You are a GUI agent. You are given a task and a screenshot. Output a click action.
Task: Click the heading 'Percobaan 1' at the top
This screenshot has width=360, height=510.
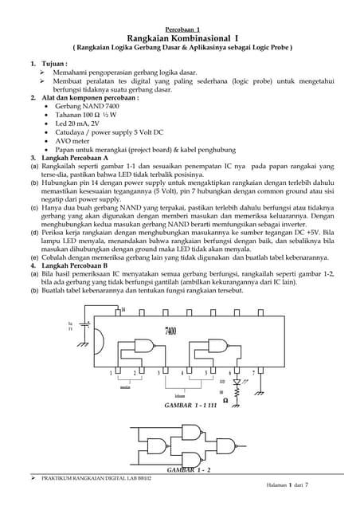[x=179, y=28]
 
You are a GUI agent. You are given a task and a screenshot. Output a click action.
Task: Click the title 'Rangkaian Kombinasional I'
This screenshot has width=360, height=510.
[x=179, y=37]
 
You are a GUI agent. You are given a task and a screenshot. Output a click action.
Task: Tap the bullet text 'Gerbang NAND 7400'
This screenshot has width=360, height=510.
[x=88, y=106]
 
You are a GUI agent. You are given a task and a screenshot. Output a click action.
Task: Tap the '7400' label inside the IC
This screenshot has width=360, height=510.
[x=170, y=330]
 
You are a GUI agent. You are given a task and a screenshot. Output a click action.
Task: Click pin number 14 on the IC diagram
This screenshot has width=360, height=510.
[x=123, y=309]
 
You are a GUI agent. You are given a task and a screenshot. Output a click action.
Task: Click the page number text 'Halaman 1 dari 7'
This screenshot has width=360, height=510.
[x=289, y=484]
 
